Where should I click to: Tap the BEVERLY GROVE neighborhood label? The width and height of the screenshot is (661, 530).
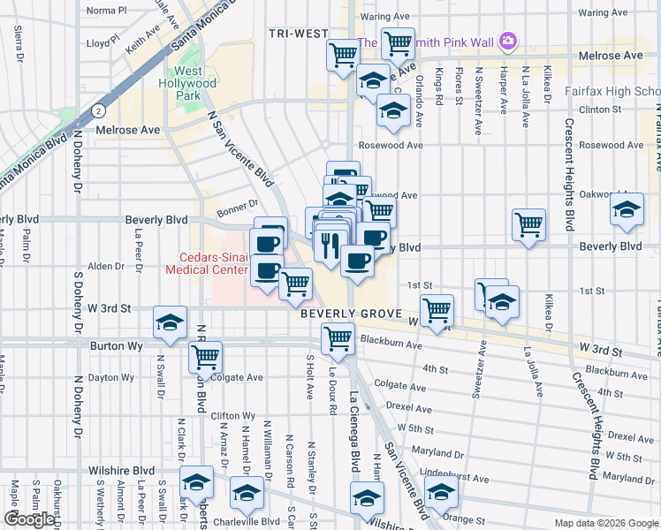(x=352, y=314)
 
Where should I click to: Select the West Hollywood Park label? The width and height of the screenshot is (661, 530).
(x=194, y=83)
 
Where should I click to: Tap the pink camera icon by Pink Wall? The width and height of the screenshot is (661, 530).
(x=507, y=41)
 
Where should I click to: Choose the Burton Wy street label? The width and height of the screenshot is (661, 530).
(x=111, y=346)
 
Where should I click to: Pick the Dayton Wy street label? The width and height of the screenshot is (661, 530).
(x=112, y=377)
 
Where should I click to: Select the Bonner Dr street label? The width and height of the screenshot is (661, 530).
(x=234, y=204)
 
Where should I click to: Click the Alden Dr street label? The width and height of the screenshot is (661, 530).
(x=106, y=266)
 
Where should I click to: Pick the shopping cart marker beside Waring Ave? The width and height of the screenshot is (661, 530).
(x=398, y=42)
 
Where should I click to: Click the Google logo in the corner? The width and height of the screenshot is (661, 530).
(x=30, y=519)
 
